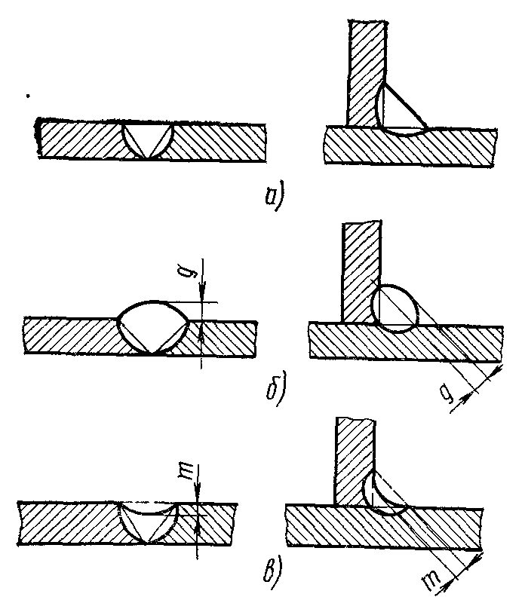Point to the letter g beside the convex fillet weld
click(x=450, y=393)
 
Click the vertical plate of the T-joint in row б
click(x=358, y=271)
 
